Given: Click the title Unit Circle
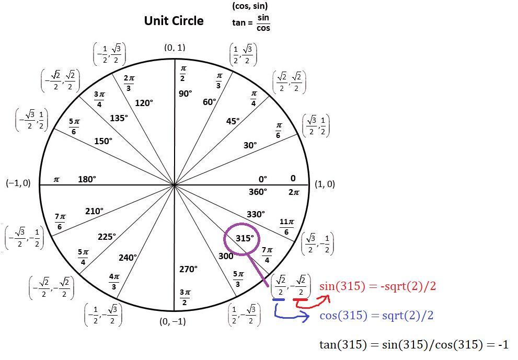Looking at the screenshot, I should [x=174, y=21].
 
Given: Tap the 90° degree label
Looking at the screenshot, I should [x=185, y=94].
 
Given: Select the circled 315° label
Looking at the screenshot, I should [x=245, y=238].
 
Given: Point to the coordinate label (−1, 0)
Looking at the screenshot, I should [x=18, y=183].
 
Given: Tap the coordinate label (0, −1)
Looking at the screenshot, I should [x=172, y=322].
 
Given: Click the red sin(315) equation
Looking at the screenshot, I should [x=377, y=286].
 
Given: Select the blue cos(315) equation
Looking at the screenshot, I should [x=376, y=316].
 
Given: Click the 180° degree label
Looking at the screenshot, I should [x=87, y=179].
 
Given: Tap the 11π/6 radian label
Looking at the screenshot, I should [x=285, y=226].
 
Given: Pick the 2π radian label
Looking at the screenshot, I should [x=294, y=192].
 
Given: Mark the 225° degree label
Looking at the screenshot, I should [x=107, y=237].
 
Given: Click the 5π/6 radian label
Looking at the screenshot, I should [x=74, y=126].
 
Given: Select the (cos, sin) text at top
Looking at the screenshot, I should [x=250, y=6].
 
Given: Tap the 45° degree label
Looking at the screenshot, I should [x=233, y=121].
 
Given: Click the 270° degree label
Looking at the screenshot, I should [x=188, y=269].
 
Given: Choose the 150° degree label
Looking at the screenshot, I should [x=103, y=141].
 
